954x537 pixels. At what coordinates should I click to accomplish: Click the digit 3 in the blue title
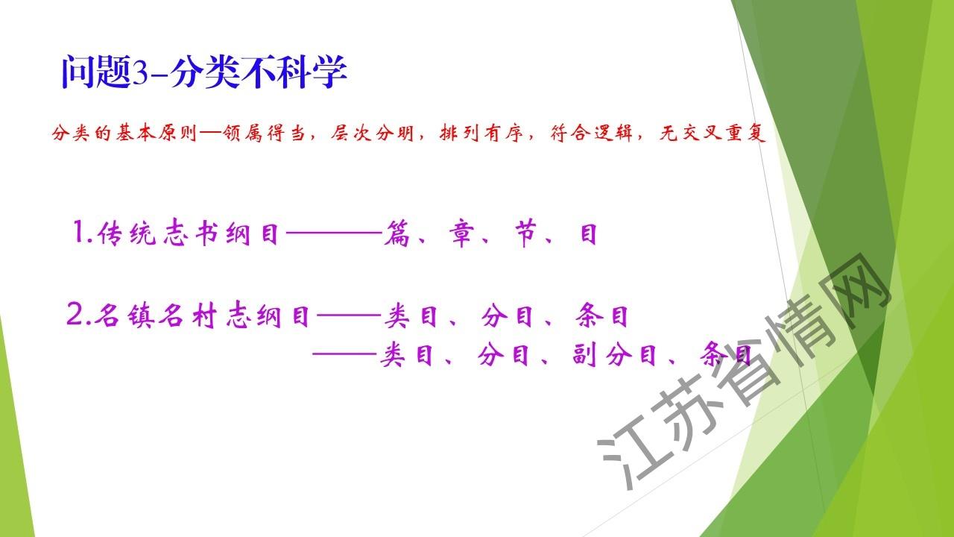[x=141, y=72]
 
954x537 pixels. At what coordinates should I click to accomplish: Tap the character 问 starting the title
[x=78, y=72]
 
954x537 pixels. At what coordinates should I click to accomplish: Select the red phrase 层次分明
[x=372, y=134]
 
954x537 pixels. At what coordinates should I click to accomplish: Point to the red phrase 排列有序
[x=481, y=134]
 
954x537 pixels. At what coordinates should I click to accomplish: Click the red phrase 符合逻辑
[x=591, y=134]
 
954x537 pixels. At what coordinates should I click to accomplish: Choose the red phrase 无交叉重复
[x=712, y=134]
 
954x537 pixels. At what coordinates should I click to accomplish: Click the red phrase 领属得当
[x=264, y=134]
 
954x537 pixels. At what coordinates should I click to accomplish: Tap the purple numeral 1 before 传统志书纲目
[x=79, y=232]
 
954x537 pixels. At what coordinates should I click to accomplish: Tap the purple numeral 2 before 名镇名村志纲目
[x=75, y=315]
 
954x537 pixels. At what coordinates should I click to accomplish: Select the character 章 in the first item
[x=461, y=233]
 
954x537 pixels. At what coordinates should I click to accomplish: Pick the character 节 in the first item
[x=525, y=233]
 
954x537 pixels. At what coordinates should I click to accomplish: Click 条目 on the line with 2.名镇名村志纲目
[x=601, y=315]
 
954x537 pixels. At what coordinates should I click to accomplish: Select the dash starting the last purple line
[x=344, y=354]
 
